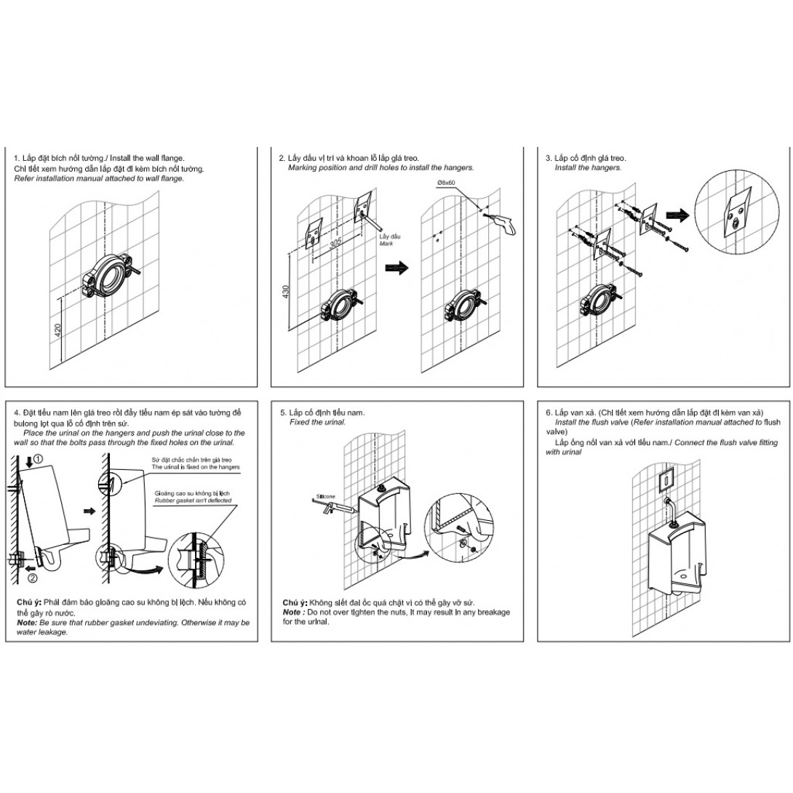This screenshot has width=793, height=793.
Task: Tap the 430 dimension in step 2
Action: (x=286, y=292)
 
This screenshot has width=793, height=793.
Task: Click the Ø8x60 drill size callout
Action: (x=445, y=182)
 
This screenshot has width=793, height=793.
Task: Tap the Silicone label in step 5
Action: (x=326, y=497)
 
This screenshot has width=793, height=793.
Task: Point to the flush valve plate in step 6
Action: (x=667, y=479)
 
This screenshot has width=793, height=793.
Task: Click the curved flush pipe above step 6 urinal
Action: (x=670, y=510)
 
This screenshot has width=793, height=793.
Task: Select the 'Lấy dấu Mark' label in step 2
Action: (x=389, y=240)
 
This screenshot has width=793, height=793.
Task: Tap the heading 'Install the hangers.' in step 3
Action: (x=588, y=168)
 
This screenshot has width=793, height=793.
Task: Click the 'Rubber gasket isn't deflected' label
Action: (x=194, y=501)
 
